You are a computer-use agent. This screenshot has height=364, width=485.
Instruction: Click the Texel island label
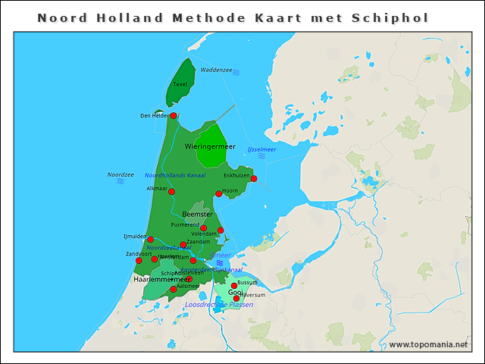tap(180, 84)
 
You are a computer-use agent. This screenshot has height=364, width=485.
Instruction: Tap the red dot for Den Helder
tap(174, 115)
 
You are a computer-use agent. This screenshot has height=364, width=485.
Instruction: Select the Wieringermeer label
tap(210, 146)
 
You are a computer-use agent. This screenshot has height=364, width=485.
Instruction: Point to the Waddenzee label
tap(216, 70)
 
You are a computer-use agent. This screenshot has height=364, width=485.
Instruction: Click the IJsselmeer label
tap(261, 149)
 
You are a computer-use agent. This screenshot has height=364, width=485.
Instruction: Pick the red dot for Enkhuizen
tap(254, 179)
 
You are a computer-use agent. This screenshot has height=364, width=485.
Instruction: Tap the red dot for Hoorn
tap(219, 193)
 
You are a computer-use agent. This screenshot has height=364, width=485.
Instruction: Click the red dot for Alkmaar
tap(171, 192)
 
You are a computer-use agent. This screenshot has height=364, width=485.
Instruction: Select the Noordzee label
tap(120, 174)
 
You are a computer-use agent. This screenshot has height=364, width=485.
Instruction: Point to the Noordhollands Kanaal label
tap(175, 175)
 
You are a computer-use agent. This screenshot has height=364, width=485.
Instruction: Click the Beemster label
tap(197, 215)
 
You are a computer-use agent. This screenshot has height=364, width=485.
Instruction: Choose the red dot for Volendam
tap(221, 230)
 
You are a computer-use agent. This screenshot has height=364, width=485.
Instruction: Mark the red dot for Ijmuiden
tap(150, 240)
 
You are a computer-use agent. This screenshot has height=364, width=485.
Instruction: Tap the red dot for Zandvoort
tap(139, 260)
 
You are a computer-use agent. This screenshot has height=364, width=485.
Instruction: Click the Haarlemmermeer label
tap(161, 279)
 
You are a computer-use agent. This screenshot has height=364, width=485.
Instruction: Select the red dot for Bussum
tap(234, 286)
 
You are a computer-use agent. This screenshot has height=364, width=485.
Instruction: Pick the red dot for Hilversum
tap(236, 298)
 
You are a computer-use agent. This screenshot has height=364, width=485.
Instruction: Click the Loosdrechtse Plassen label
tap(219, 305)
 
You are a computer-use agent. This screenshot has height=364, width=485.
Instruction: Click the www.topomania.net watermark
tap(427, 345)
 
